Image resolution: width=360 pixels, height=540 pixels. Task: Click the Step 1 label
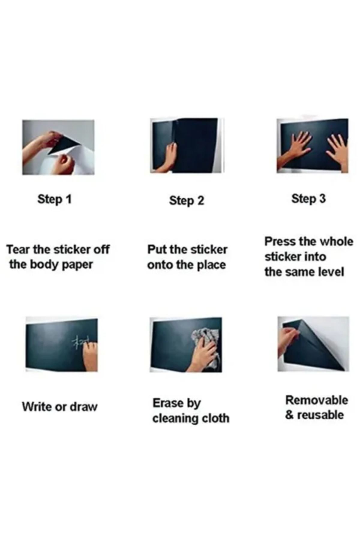pyautogui.click(x=55, y=199)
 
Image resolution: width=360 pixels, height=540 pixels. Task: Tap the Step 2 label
pyautogui.click(x=187, y=200)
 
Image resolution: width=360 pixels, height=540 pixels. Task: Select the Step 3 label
pyautogui.click(x=308, y=199)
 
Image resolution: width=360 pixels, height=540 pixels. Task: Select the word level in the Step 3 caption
pyautogui.click(x=331, y=272)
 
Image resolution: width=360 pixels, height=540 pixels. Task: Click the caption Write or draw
pyautogui.click(x=60, y=407)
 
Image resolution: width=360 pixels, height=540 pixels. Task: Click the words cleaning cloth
pyautogui.click(x=191, y=418)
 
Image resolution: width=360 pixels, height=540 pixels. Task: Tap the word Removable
pyautogui.click(x=316, y=400)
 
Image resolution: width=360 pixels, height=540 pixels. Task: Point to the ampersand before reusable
pyautogui.click(x=289, y=415)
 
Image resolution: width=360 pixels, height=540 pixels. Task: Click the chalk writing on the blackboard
pyautogui.click(x=79, y=343)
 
